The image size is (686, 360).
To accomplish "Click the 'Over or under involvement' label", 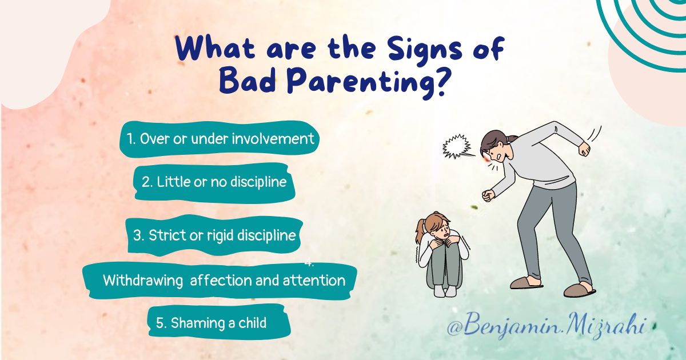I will tap(220, 139).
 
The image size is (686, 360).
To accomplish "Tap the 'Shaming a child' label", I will tap(211, 323).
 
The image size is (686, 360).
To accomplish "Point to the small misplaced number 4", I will tap(309, 263).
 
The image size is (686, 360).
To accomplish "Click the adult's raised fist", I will tap(584, 149).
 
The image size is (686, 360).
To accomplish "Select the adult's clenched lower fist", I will tap(487, 195).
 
